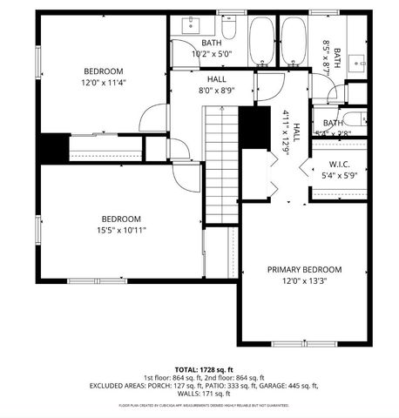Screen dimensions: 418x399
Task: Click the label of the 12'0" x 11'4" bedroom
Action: tap(103, 78)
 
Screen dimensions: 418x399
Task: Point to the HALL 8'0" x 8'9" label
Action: tap(217, 84)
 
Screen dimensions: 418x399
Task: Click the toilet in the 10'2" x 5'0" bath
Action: tap(229, 28)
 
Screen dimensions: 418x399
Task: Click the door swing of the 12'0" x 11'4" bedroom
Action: tap(154, 118)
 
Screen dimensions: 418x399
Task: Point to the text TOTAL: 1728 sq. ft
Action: tap(199, 369)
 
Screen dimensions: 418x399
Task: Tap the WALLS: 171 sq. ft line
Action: tap(199, 394)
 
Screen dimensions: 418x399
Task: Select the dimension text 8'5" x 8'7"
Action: tap(327, 57)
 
